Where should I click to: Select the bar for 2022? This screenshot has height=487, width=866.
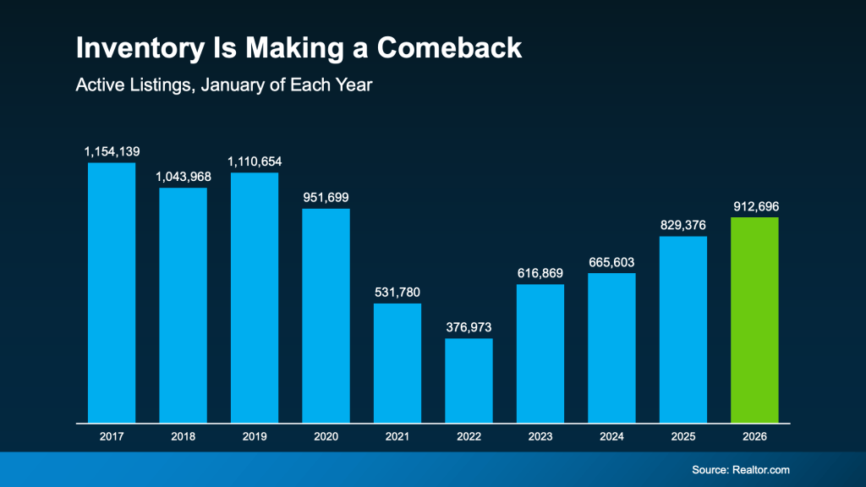(x=469, y=380)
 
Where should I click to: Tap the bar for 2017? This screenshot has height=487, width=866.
(x=112, y=293)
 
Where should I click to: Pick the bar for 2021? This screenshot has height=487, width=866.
(x=397, y=363)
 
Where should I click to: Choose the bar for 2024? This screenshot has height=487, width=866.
(x=611, y=347)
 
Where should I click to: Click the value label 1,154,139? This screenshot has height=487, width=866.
(x=112, y=151)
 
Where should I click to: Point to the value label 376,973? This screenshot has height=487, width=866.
(x=469, y=327)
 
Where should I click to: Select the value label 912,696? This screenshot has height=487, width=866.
(x=754, y=205)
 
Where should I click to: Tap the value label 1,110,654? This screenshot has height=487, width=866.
(x=255, y=161)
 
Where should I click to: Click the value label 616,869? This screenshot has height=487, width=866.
(x=540, y=273)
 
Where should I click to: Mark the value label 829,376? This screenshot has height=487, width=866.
(x=682, y=225)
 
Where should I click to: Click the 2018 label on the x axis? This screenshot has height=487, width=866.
(x=183, y=436)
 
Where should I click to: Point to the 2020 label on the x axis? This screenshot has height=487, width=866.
(x=326, y=436)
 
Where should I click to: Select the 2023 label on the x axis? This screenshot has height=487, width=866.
(x=540, y=436)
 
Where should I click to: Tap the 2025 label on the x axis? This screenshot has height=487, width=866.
(x=682, y=436)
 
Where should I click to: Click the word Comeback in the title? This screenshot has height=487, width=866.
(x=449, y=49)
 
